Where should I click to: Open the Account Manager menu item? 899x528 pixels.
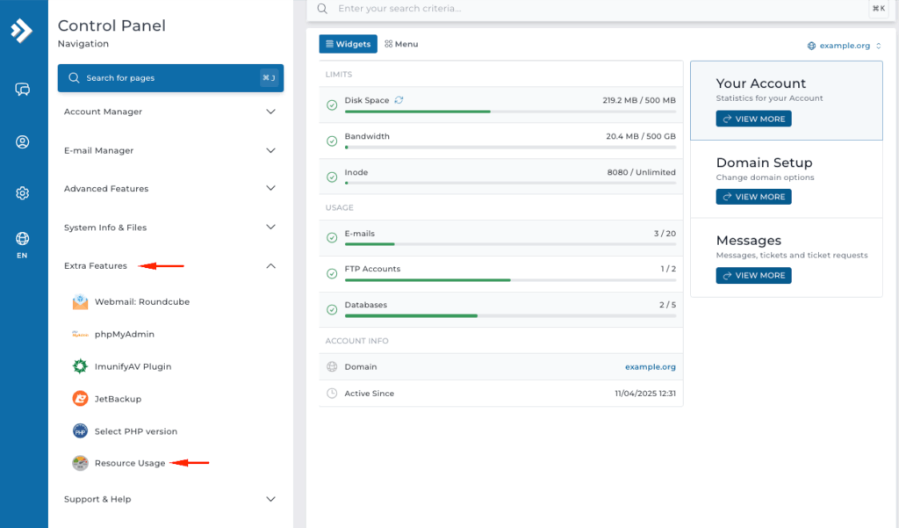tap(103, 112)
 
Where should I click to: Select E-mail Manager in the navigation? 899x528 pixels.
tap(98, 150)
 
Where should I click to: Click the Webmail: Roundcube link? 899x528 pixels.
tap(141, 301)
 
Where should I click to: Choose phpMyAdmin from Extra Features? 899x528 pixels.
tap(124, 334)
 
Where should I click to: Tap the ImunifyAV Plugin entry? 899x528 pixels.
tap(133, 366)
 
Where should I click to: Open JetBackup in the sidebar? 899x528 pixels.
tap(118, 399)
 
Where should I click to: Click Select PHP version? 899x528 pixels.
tap(135, 431)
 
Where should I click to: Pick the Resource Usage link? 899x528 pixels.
tap(129, 463)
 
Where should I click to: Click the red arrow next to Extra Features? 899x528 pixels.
tap(162, 265)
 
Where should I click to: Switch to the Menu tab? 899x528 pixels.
tap(401, 44)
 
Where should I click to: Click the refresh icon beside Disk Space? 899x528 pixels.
tap(399, 100)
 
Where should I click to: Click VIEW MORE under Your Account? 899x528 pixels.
tap(753, 119)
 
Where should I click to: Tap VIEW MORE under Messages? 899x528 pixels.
tap(753, 275)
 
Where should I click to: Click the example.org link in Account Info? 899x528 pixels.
tap(650, 366)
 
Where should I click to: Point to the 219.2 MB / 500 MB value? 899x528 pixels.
tap(639, 100)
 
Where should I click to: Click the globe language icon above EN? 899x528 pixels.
tap(23, 238)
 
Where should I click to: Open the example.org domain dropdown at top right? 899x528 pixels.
tap(845, 46)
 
